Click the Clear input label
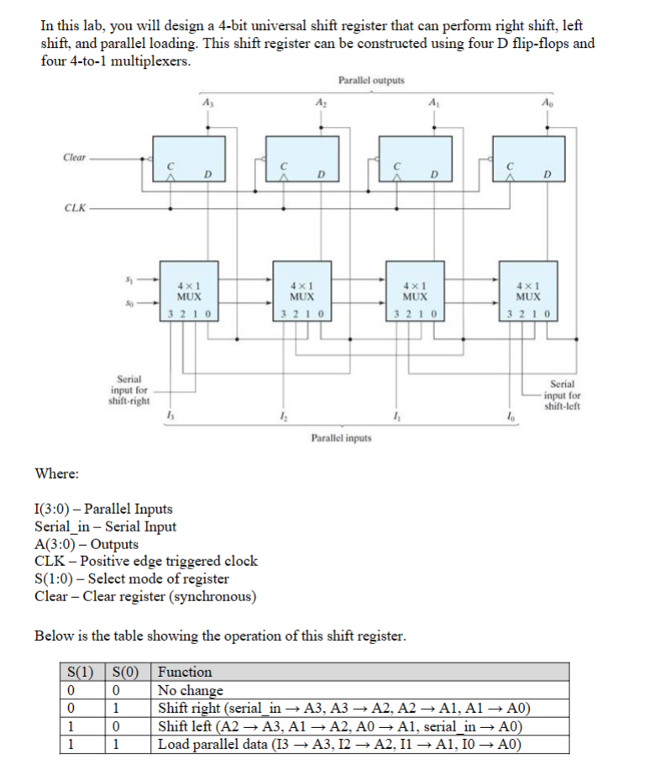pyautogui.click(x=74, y=157)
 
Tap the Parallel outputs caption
pyautogui.click(x=370, y=81)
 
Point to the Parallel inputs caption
pyautogui.click(x=342, y=437)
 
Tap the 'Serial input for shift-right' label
pyautogui.click(x=129, y=390)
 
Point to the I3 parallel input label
pyautogui.click(x=171, y=416)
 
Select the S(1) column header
pyautogui.click(x=85, y=672)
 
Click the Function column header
pyautogui.click(x=186, y=672)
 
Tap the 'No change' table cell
pyautogui.click(x=191, y=690)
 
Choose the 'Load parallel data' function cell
pyautogui.click(x=339, y=744)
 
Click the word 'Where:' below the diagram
pyautogui.click(x=57, y=474)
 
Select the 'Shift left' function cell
pyautogui.click(x=344, y=726)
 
